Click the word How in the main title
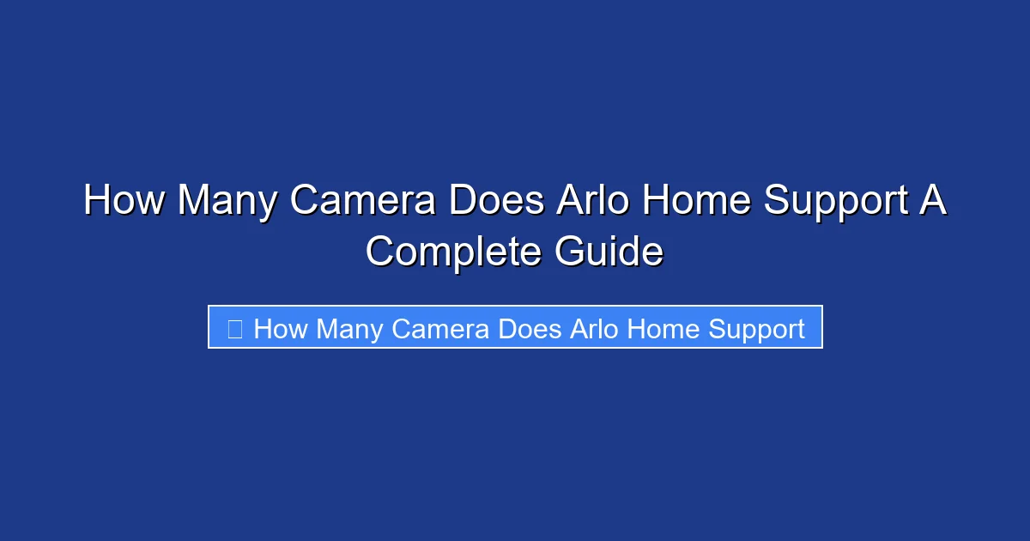click(x=124, y=202)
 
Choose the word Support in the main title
click(x=839, y=202)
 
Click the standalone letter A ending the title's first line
click(x=933, y=202)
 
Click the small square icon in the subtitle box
click(x=234, y=328)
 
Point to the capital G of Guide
click(x=570, y=252)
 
